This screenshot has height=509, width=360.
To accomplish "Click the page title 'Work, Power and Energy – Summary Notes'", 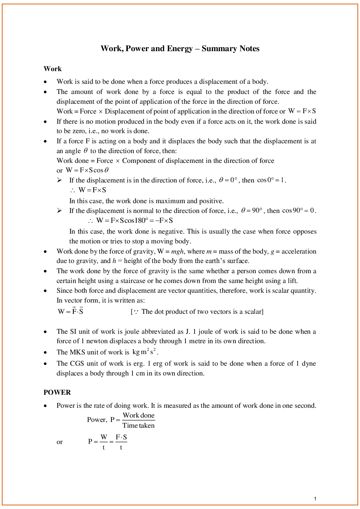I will click(180, 49).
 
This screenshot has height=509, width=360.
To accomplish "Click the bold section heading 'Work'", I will click(53, 69).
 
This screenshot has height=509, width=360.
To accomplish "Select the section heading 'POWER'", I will click(57, 393).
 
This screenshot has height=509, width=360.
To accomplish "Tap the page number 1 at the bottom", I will click(315, 498).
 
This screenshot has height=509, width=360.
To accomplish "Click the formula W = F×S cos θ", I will click(87, 170).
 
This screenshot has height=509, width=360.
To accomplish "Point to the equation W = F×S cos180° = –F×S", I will click(134, 221).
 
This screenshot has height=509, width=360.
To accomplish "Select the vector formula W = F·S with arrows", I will click(71, 311).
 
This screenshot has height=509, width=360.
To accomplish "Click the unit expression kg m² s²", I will click(144, 352).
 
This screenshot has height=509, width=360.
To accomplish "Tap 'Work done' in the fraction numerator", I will click(139, 415).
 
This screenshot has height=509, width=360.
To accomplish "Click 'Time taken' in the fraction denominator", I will click(139, 426).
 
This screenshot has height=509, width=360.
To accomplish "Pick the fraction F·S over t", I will click(121, 442).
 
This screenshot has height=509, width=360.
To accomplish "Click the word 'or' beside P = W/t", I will click(60, 442).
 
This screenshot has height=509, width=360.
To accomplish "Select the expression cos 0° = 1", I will click(271, 180).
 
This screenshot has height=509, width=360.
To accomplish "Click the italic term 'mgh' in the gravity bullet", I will click(177, 251).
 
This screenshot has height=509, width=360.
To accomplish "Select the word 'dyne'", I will click(308, 364).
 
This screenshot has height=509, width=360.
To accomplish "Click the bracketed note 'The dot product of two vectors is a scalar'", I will click(197, 312).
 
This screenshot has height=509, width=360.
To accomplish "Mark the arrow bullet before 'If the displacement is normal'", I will click(60, 210).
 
